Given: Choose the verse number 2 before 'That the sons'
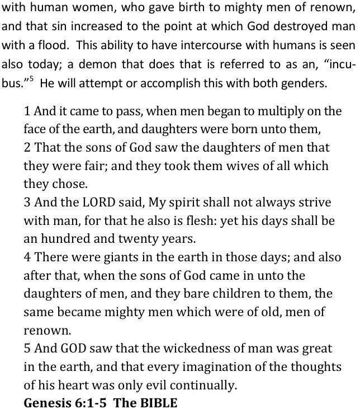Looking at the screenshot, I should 27,148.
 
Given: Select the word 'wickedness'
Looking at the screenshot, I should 176,348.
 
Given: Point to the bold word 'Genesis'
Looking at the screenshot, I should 47,402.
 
